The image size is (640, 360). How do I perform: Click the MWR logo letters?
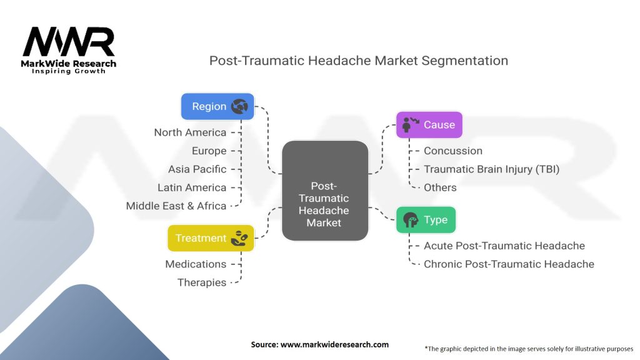69,42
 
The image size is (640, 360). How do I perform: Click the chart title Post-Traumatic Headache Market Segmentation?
358,61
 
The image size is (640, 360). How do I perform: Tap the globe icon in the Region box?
239,106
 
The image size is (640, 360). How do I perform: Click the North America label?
190,132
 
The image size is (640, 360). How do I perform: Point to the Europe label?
209,151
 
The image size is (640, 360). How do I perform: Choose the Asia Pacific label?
197,169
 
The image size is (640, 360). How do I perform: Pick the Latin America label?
192,187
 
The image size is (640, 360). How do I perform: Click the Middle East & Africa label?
176,206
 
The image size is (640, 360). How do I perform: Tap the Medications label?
196,264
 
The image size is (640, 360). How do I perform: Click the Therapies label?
201,282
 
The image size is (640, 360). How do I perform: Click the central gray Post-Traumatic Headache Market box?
324,191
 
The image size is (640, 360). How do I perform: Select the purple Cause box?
429,124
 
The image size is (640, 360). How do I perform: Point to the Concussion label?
453,151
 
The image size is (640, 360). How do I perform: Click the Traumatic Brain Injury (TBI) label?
491,169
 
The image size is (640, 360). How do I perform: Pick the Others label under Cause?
440,187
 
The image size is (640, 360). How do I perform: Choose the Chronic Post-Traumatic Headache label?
509,264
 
